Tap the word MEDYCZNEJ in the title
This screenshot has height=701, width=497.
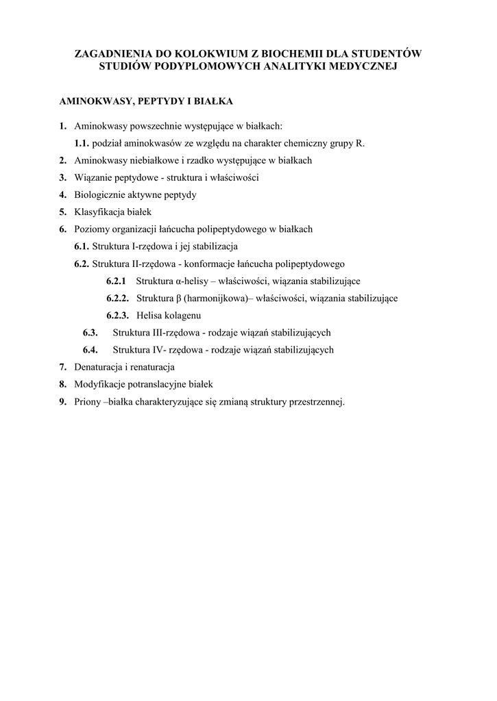[x=360, y=66]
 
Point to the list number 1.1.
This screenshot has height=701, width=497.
[x=82, y=143]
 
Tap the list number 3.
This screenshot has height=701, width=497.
[x=62, y=177]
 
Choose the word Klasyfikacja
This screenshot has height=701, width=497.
[x=101, y=212]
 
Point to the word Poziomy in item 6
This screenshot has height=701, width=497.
[x=90, y=229]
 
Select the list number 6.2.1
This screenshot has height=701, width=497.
[x=117, y=281]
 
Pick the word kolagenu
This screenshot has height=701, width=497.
[x=180, y=316]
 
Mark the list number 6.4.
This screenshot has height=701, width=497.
[x=91, y=350]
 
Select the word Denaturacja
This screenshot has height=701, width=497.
[x=99, y=367]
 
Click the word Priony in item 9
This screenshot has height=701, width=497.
[x=87, y=402]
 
